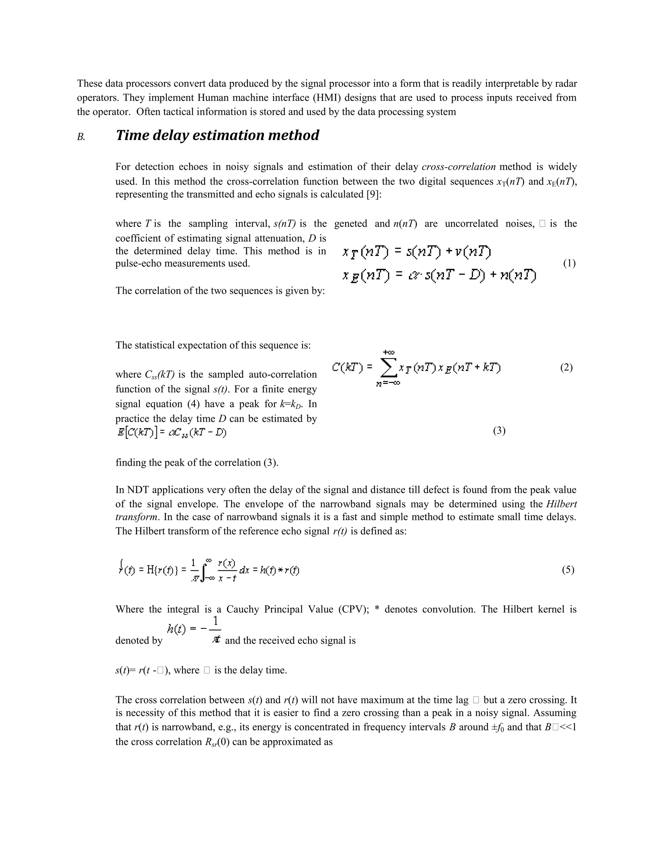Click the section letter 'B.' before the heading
(x=81, y=137)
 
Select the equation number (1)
(x=569, y=263)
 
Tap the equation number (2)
(x=566, y=367)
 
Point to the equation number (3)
(x=499, y=431)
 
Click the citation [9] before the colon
(x=372, y=194)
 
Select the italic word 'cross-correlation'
(x=458, y=167)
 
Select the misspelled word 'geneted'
(x=350, y=224)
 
